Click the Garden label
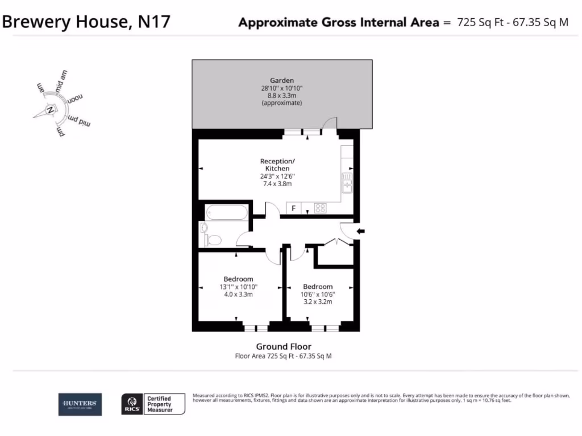tap(282, 80)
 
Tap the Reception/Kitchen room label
tap(277, 165)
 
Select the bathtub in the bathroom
tap(227, 213)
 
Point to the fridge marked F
tap(293, 208)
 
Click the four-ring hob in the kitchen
tap(320, 208)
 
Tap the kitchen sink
tap(347, 183)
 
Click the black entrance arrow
tap(361, 231)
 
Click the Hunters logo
tap(80, 404)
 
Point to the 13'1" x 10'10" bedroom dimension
tap(238, 287)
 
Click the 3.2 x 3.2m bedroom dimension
tap(318, 302)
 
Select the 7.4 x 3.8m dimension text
tap(277, 184)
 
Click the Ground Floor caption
tap(284, 346)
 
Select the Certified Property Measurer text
tap(159, 404)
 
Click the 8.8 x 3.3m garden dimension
tap(282, 96)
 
